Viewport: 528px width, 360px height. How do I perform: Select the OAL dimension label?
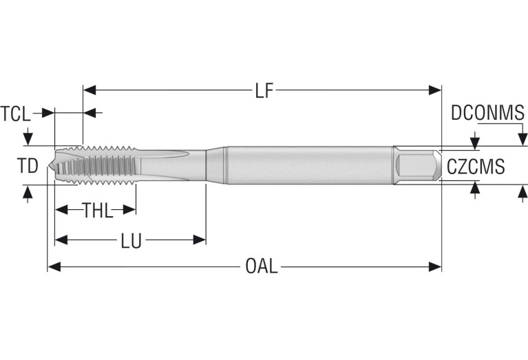pyautogui.click(x=262, y=266)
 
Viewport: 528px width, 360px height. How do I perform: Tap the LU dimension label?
pyautogui.click(x=131, y=240)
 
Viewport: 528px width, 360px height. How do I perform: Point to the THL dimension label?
pyautogui.click(x=98, y=211)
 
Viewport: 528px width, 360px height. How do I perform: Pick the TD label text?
pyautogui.click(x=28, y=165)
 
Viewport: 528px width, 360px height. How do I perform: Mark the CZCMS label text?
pyautogui.click(x=476, y=167)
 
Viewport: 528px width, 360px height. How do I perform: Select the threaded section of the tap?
pyautogui.click(x=103, y=165)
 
